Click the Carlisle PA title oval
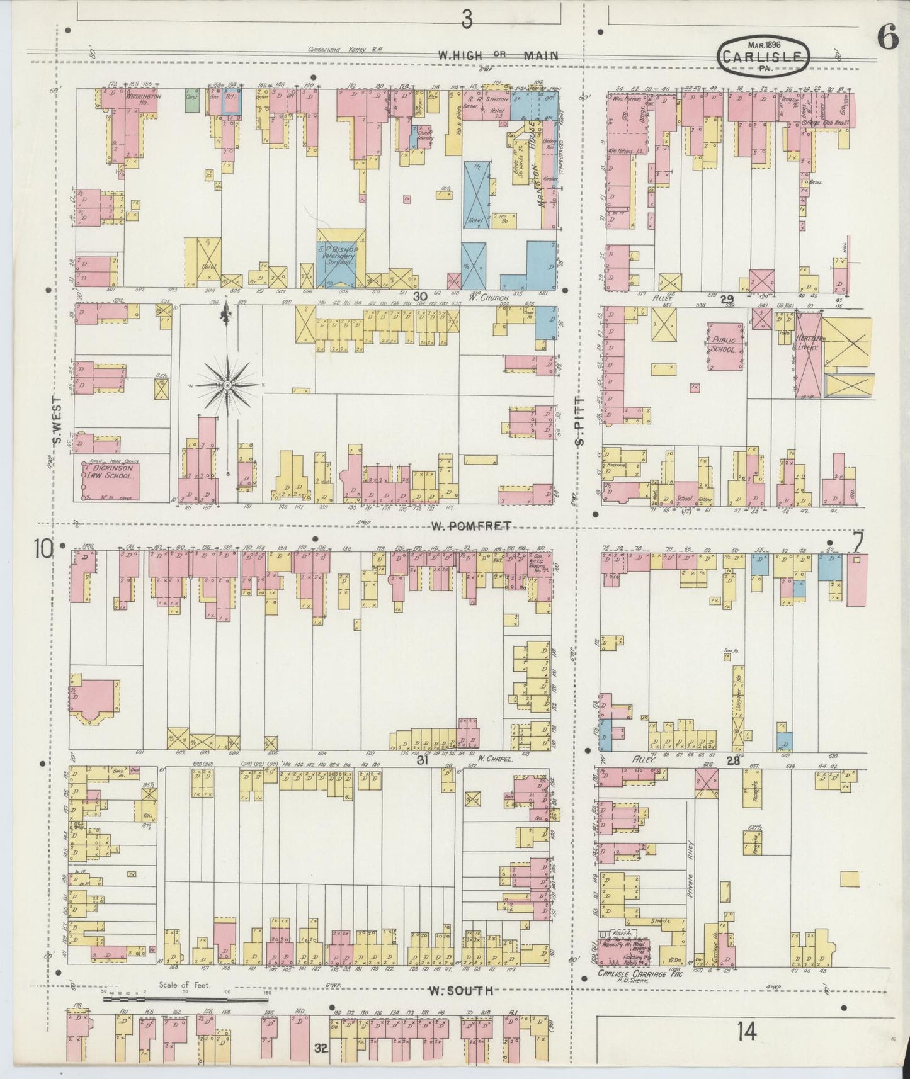click(763, 56)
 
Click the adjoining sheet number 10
click(44, 550)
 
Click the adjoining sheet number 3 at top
click(467, 20)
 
